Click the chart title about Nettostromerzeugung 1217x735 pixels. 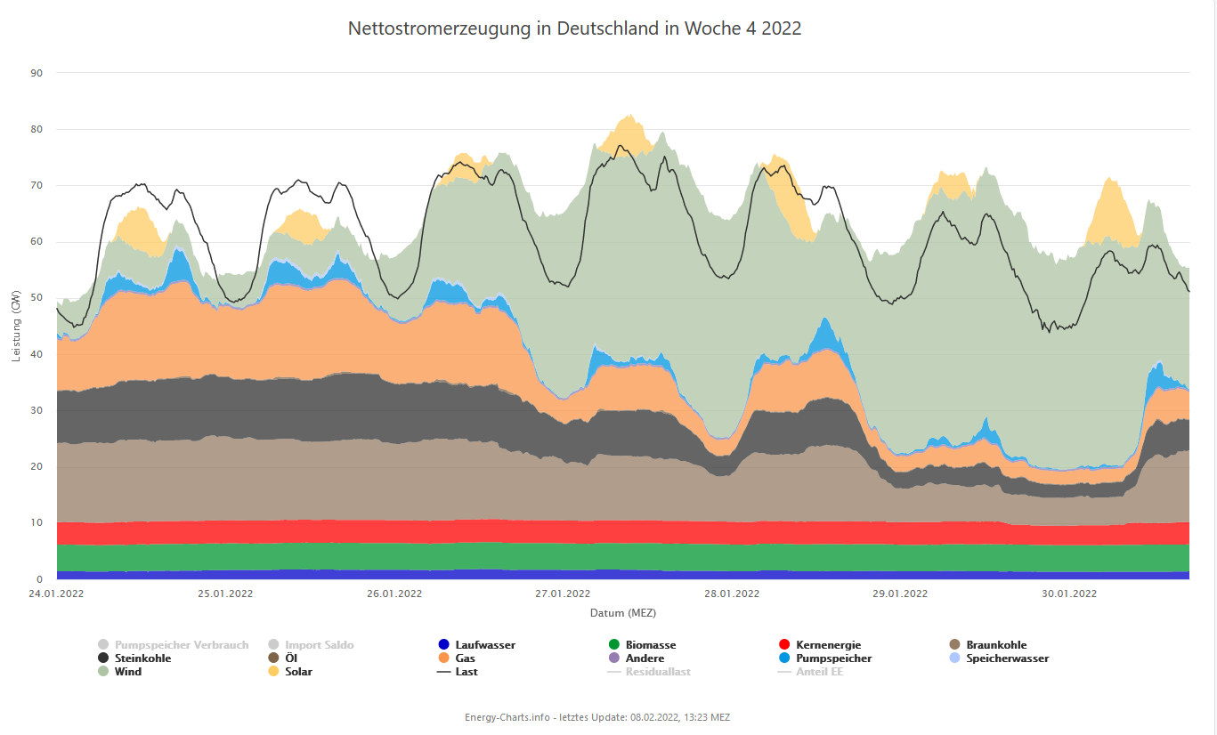coord(574,28)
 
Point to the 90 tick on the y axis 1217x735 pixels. coord(37,73)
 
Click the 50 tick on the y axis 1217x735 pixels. coord(37,298)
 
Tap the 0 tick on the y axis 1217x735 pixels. coord(39,579)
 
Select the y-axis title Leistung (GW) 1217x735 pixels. coord(15,326)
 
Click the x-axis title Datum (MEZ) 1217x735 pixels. coord(622,613)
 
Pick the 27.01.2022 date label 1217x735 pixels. coord(563,594)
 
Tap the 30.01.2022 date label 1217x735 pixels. coord(1068,594)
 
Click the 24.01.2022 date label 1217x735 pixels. coord(56,594)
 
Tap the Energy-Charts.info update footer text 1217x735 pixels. coord(596,717)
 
